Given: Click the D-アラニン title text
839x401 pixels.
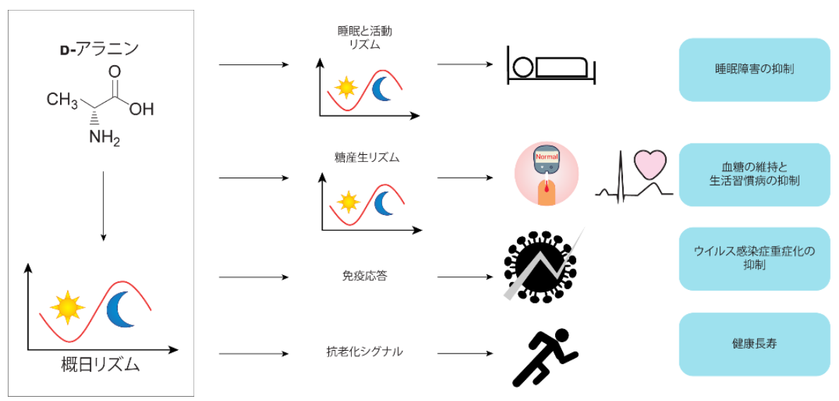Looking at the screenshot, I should click(x=98, y=49).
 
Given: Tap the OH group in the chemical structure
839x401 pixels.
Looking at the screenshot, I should click(x=141, y=109).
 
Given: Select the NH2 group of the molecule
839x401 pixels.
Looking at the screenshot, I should click(x=103, y=137).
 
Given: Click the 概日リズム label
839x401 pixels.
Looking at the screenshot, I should click(x=100, y=365).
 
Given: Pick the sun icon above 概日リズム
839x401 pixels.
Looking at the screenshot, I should click(x=67, y=307).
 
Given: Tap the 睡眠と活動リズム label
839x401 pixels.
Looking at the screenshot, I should click(x=364, y=37).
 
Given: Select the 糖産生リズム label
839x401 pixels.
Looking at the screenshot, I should click(x=367, y=157).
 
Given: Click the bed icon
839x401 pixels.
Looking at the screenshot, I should click(x=552, y=65).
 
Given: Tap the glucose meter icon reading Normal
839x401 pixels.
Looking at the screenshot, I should click(x=546, y=174).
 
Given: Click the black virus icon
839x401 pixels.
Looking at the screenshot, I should click(x=540, y=265).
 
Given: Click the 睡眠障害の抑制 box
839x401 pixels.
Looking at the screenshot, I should click(x=754, y=69).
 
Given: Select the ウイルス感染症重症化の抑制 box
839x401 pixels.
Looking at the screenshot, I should click(x=754, y=258).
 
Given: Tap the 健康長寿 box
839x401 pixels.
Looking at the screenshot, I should click(x=754, y=344).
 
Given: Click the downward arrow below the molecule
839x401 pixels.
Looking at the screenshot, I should click(x=103, y=205).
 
